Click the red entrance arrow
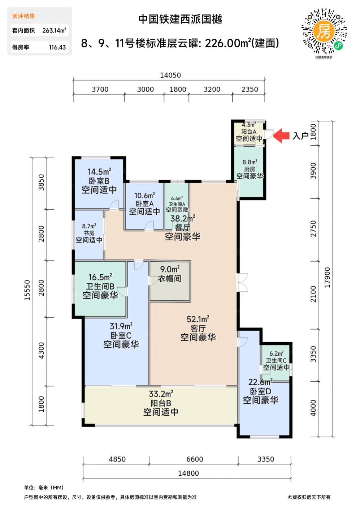(281, 136)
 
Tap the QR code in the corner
(324, 32)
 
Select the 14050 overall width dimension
(170, 75)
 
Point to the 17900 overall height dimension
(328, 278)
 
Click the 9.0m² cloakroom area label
(170, 269)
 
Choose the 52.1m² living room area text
(198, 319)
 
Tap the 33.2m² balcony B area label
(161, 394)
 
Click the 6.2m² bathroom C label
(277, 353)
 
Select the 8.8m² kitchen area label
(250, 162)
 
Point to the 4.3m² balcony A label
(249, 125)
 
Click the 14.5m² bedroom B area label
(99, 172)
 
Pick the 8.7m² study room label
(89, 226)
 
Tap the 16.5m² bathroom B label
(100, 277)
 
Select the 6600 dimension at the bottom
(195, 459)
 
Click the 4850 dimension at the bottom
(117, 459)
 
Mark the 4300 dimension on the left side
(41, 351)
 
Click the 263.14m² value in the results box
(54, 30)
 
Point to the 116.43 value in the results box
(57, 47)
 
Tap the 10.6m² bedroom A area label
(144, 196)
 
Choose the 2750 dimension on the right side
(313, 228)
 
